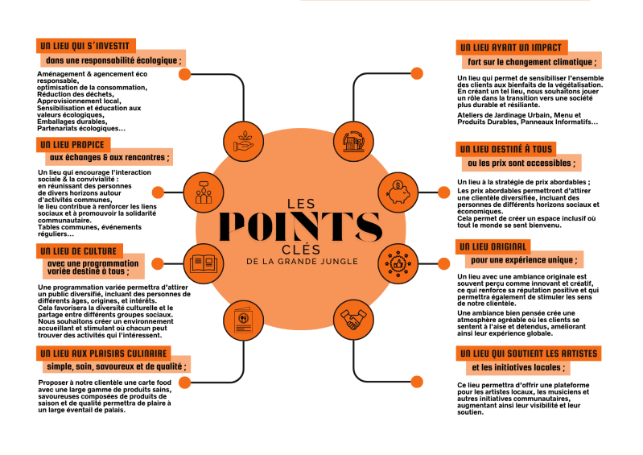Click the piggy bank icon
(398, 192)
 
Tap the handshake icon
(353, 320)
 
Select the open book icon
(204, 263)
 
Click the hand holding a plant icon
(244, 142)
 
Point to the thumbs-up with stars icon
(398, 263)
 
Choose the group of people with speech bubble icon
(204, 192)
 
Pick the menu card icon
(244, 321)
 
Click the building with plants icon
(353, 142)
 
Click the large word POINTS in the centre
(302, 226)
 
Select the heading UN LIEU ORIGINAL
(493, 246)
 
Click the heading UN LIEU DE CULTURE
(78, 251)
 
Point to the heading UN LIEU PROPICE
(72, 144)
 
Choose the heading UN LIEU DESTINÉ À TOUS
(506, 149)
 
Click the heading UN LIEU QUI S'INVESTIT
(84, 46)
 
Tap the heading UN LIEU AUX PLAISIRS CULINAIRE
(104, 354)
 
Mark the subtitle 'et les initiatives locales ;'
(518, 367)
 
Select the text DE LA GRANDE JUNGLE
(303, 262)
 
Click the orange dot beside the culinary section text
(185, 383)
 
